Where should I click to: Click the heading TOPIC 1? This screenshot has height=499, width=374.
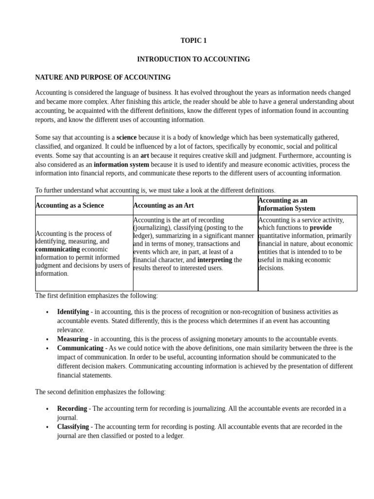click(193, 41)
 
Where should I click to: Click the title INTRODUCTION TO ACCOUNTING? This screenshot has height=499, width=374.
click(193, 59)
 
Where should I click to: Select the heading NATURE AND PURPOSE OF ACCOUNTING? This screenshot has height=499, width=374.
click(103, 77)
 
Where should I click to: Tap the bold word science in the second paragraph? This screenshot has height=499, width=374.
click(127, 137)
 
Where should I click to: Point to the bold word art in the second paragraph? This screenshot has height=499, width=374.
click(145, 155)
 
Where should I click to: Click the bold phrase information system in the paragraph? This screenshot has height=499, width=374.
click(121, 165)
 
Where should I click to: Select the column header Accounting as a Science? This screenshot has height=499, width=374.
click(70, 205)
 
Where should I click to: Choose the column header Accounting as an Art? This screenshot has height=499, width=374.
click(163, 205)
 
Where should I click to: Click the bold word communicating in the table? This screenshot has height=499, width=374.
click(57, 249)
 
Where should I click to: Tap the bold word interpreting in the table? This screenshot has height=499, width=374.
click(215, 260)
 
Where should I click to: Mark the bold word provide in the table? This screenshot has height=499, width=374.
click(320, 228)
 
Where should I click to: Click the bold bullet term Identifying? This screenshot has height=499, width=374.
click(73, 312)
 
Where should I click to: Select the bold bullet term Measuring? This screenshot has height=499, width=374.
click(73, 339)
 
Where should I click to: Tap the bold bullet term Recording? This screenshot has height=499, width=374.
click(72, 408)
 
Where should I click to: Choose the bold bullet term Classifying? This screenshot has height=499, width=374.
click(73, 426)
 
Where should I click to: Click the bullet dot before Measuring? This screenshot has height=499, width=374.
click(47, 340)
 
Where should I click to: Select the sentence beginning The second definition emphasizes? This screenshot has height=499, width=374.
click(100, 392)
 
